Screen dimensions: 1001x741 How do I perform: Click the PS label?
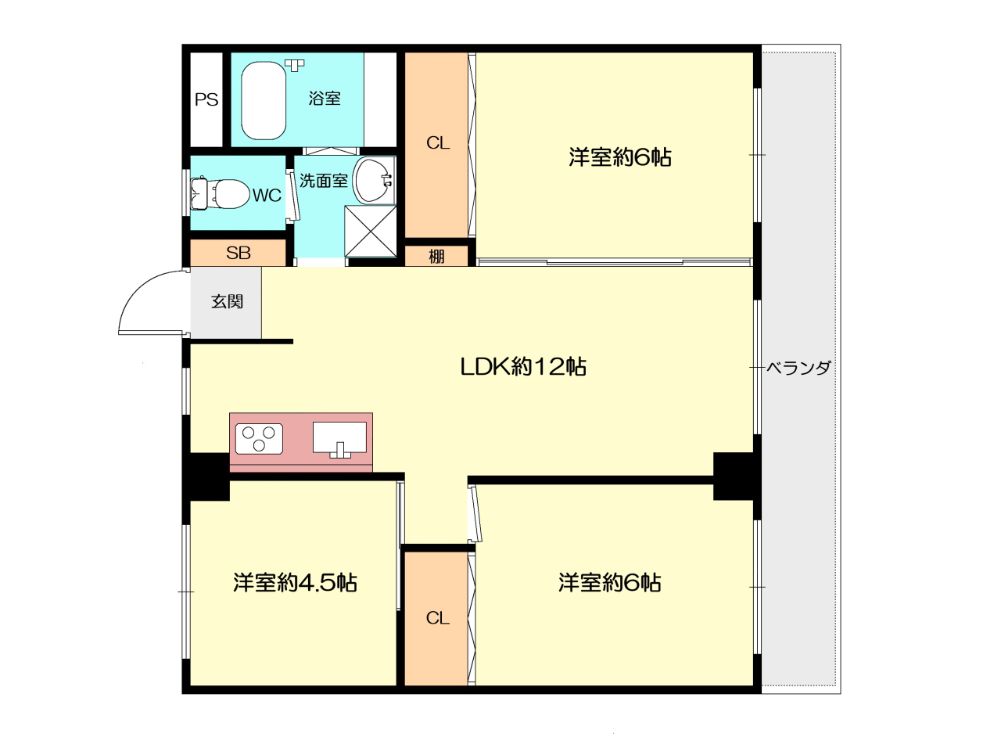pos(206,99)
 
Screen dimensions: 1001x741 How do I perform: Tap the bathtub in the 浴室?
pos(264,100)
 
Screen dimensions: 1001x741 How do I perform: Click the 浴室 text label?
pos(324,98)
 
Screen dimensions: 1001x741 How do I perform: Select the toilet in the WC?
pos(219,194)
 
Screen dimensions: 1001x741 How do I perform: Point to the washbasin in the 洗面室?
pos(374,180)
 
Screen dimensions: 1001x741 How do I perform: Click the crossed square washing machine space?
pos(370,231)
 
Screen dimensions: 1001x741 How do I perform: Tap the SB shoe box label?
pos(238,253)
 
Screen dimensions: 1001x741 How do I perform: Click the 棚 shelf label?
pos(436,257)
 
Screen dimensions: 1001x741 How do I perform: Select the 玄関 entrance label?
pos(227,301)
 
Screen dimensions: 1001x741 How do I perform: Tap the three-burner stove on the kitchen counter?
pos(259,438)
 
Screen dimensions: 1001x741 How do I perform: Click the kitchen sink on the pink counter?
pos(339,440)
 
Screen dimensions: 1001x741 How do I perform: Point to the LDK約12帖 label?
pos(522,366)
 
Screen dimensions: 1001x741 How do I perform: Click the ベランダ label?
pos(798,368)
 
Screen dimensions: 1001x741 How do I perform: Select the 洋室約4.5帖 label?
pos(295,582)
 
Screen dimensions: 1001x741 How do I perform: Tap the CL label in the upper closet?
pos(438,143)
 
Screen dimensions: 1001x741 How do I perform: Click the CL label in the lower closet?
pos(437,618)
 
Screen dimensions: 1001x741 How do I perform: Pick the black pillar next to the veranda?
pos(733,476)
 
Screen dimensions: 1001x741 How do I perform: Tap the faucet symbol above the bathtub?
pos(294,66)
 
